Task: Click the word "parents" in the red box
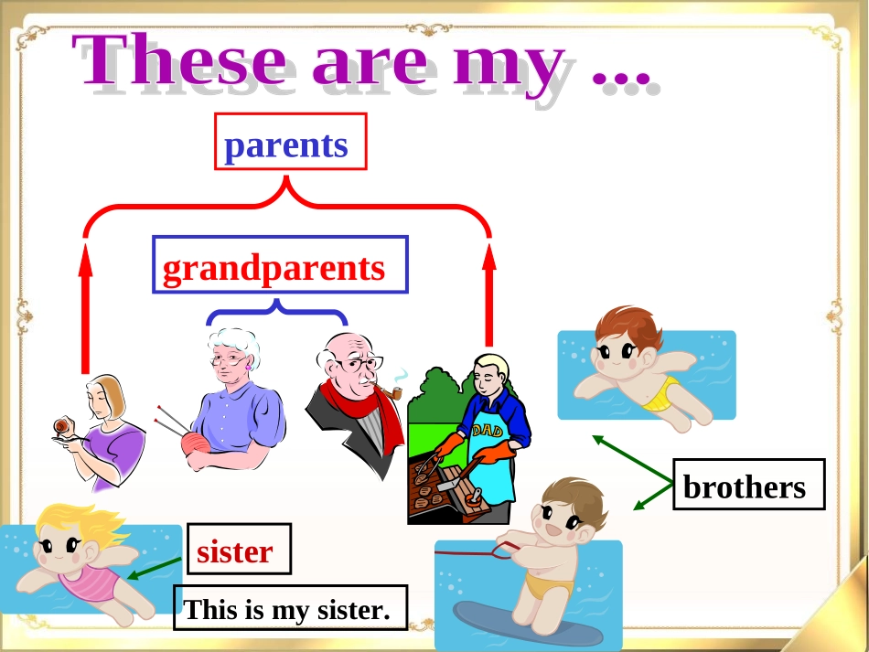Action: [286, 145]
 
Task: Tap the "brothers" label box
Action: [749, 484]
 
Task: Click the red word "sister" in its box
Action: [235, 551]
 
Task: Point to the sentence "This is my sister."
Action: [287, 609]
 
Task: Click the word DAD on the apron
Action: [488, 430]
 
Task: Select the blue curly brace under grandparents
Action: [277, 311]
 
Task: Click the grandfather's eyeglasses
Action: [359, 365]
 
